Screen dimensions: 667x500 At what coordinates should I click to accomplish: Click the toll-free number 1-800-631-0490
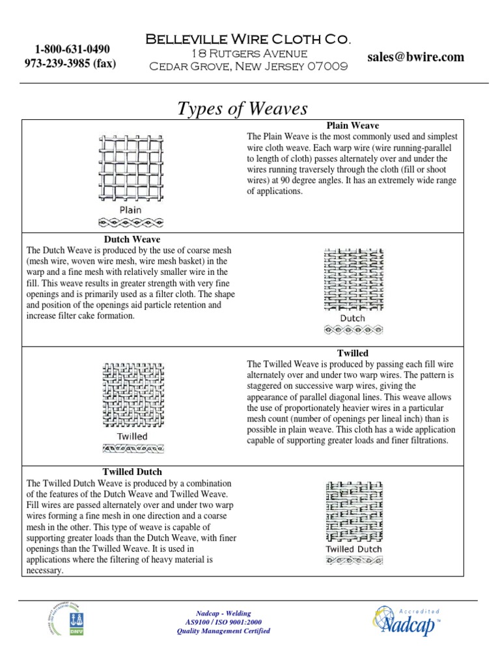tap(72, 50)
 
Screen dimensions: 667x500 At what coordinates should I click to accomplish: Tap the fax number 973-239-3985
tap(70, 64)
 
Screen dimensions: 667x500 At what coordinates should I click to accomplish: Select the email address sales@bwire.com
tap(415, 57)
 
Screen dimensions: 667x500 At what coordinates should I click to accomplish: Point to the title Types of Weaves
tap(242, 109)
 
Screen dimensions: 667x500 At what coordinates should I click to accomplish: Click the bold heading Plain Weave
tap(352, 126)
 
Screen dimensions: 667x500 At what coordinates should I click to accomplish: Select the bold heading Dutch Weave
tap(132, 240)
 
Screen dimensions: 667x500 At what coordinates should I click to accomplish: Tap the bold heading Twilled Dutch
tap(132, 472)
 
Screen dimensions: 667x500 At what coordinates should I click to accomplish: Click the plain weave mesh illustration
tap(131, 168)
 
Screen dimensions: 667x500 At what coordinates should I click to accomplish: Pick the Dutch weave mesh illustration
tap(352, 279)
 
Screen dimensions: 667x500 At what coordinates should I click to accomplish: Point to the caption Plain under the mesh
tap(131, 210)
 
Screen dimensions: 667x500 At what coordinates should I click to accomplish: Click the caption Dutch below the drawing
tap(352, 319)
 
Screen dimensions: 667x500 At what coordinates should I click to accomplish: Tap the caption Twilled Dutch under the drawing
tap(354, 549)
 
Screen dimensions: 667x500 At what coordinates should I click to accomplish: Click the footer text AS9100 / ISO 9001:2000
tap(223, 622)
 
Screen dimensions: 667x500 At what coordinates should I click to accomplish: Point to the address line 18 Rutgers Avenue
tap(248, 53)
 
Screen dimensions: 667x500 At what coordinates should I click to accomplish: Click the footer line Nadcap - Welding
tap(223, 614)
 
